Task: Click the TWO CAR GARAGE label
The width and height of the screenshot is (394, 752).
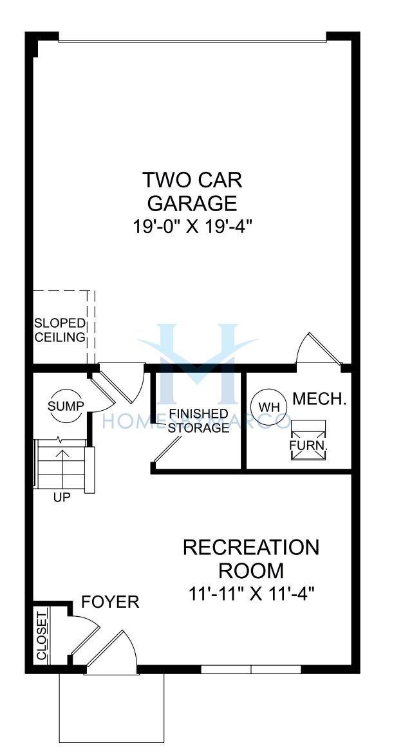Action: tap(192, 191)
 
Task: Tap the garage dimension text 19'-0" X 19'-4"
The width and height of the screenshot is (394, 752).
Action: tap(192, 227)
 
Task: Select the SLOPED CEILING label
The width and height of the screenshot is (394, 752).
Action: tap(60, 330)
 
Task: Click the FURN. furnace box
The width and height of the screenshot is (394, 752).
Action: tap(308, 440)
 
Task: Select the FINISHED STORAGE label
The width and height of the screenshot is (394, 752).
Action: tap(198, 420)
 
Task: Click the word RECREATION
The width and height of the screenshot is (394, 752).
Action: tap(251, 547)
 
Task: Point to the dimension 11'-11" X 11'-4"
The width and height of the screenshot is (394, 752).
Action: tap(251, 594)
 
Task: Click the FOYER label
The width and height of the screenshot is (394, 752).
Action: tap(110, 601)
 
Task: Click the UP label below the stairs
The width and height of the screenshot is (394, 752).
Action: tap(62, 498)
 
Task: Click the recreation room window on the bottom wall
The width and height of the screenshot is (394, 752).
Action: tap(250, 670)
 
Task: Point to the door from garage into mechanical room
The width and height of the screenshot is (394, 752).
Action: tap(319, 348)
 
